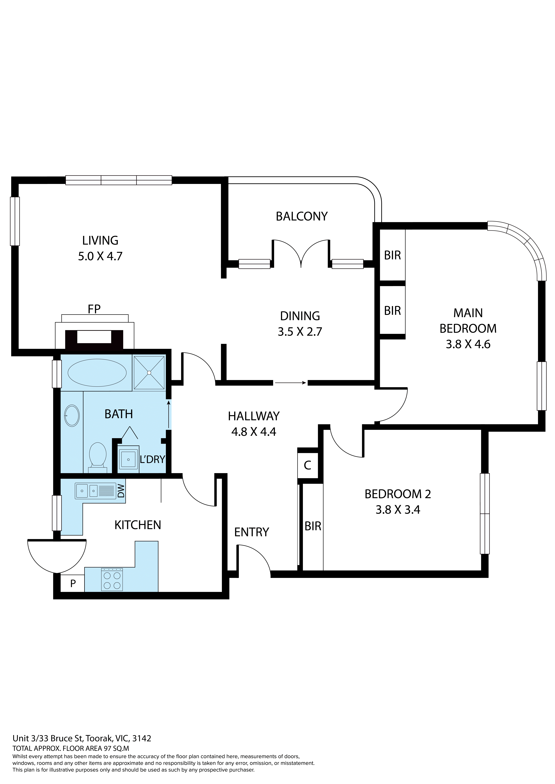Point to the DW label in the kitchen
(121, 492)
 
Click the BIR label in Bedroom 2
(313, 526)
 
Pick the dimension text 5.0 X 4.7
(100, 256)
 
